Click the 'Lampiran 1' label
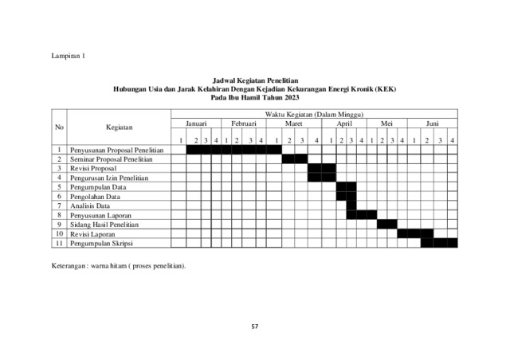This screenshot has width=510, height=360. (x=69, y=57)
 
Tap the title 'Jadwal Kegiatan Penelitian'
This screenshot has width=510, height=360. (x=255, y=81)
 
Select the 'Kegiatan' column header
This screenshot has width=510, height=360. (x=119, y=127)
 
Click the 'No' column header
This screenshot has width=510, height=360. (x=59, y=127)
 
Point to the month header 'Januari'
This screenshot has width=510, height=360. (x=196, y=124)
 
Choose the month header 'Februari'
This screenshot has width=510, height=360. (x=243, y=124)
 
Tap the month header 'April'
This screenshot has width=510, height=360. (x=344, y=124)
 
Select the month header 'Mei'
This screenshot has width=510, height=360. (x=387, y=124)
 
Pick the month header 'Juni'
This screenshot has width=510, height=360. (x=432, y=124)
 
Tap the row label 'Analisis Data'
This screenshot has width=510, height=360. (x=90, y=205)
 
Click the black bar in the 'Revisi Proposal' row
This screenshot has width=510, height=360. (x=321, y=168)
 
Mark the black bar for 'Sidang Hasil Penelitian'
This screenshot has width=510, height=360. (x=386, y=224)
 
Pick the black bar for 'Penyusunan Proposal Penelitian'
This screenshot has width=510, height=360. (x=233, y=150)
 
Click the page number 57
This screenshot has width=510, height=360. (x=255, y=326)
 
